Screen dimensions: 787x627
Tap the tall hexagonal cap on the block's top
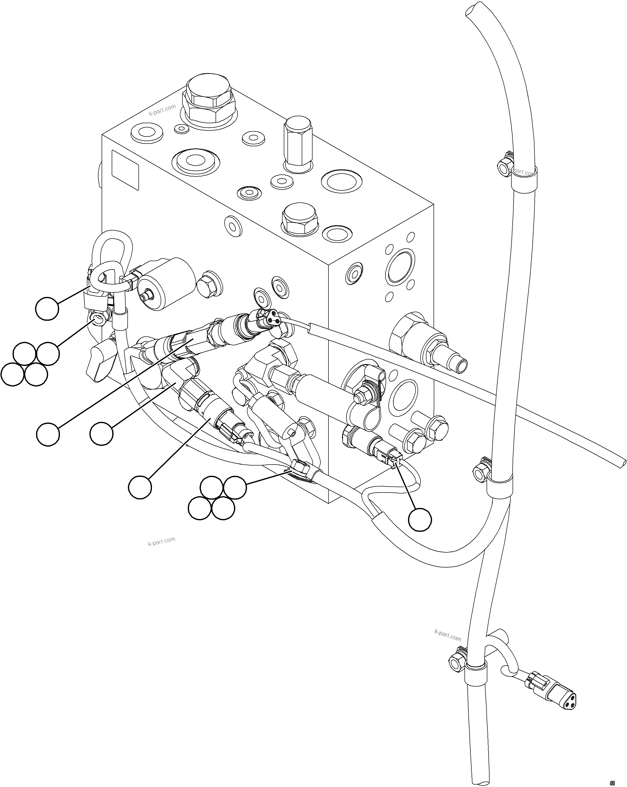298,144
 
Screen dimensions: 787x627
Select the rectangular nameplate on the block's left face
125,170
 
